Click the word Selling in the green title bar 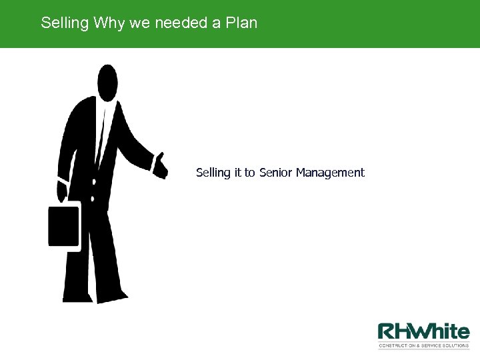tap(65, 23)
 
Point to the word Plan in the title tap(241, 23)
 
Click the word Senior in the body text tap(275, 173)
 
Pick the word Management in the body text tap(330, 173)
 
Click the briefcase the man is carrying tap(64, 227)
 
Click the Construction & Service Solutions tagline tap(423, 345)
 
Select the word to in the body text tap(249, 173)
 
